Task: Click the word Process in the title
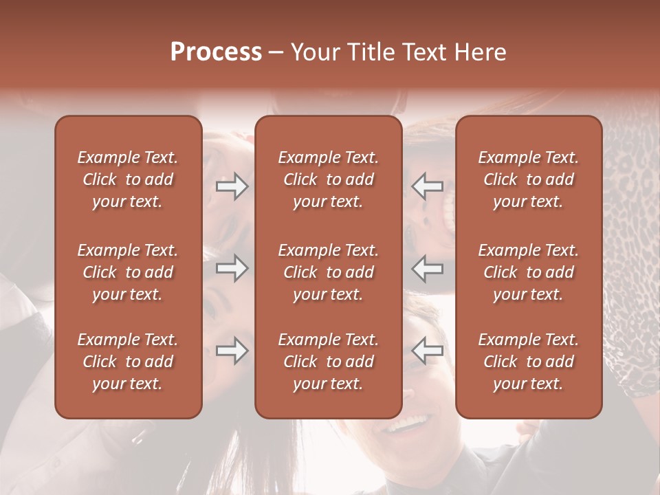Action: [216, 52]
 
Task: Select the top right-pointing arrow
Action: [232, 186]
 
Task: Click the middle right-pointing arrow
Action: [232, 268]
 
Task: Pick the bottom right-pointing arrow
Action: [232, 351]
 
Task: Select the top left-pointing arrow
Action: [427, 186]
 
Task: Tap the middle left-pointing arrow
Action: [427, 268]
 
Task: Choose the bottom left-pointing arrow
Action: [427, 351]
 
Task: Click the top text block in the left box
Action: [128, 179]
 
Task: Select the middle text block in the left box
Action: [128, 272]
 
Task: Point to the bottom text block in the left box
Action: [128, 362]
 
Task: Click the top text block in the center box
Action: [329, 179]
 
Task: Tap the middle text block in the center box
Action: [329, 272]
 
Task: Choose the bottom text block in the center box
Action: [329, 362]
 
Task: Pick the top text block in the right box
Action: [529, 179]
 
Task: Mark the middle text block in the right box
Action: [529, 272]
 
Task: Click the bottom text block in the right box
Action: [529, 362]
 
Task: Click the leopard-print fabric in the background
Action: [629, 206]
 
